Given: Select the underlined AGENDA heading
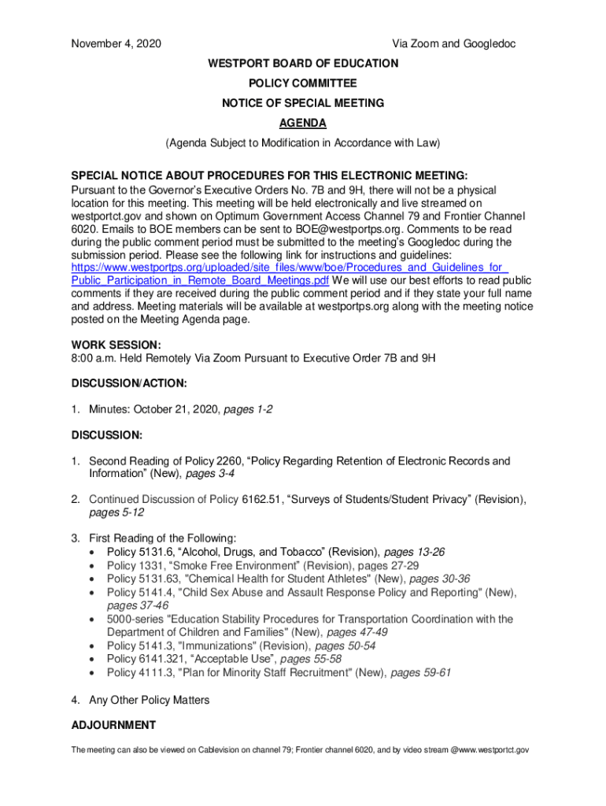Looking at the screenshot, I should coord(303,124).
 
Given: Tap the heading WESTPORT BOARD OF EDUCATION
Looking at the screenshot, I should coord(303,63).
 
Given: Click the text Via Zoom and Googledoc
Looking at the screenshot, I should coord(454,44).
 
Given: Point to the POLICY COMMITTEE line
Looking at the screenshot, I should coord(303,83).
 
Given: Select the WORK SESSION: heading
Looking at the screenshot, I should coord(116,345).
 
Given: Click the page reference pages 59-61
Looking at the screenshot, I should coord(421,673).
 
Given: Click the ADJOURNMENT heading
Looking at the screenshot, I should coord(113,725).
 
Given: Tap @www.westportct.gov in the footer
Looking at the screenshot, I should coord(490,751).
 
